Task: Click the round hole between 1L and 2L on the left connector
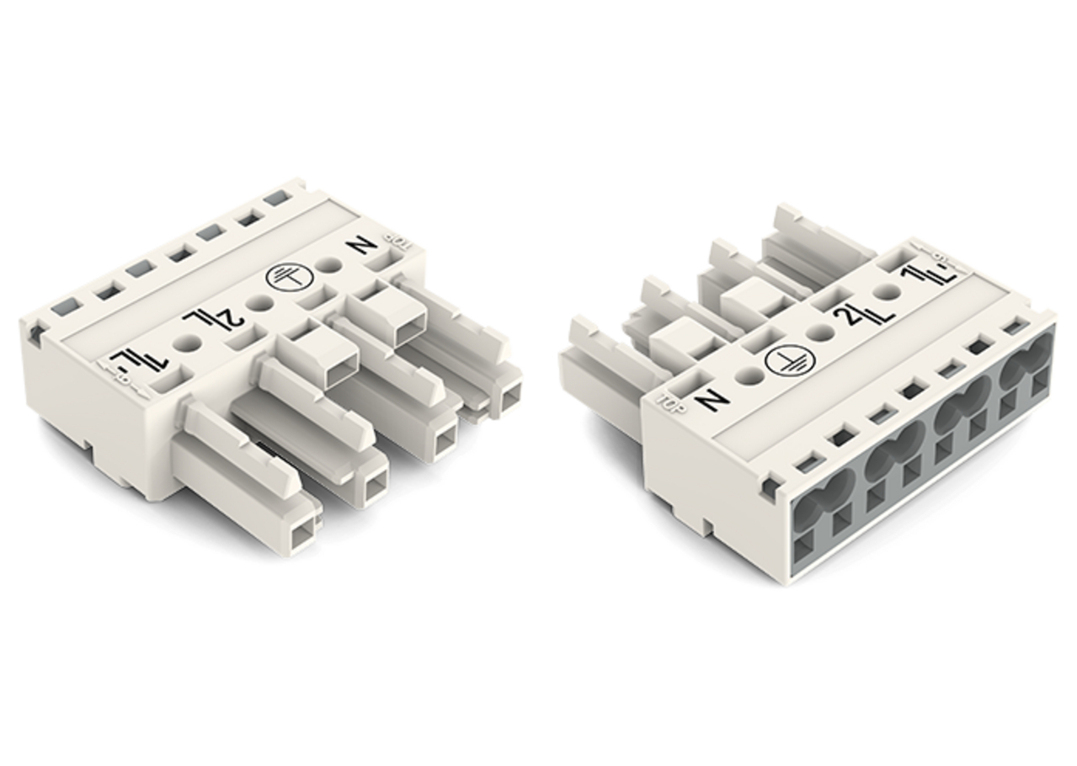[x=187, y=343]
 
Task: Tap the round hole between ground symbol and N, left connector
[x=333, y=264]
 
